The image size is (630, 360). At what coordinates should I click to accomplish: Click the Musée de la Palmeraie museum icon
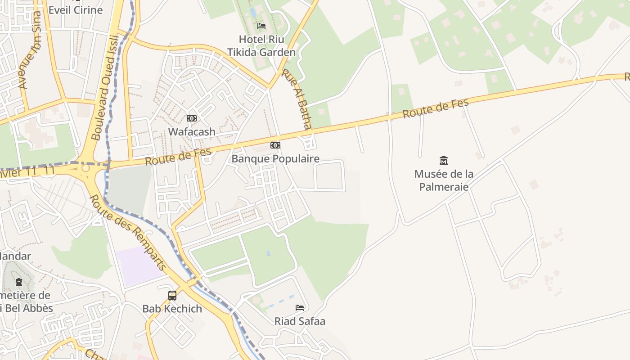444,160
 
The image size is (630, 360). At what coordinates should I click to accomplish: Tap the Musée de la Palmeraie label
444,180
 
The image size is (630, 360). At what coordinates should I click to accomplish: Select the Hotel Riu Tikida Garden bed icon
261,26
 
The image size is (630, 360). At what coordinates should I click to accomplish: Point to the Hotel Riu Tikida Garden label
261,45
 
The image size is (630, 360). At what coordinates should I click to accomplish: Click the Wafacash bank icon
192,118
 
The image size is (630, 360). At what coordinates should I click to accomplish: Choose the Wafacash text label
192,132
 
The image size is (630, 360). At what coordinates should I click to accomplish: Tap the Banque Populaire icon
275,145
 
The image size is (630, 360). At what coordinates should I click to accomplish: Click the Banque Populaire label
275,158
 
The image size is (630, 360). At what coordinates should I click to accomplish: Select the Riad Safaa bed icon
300,308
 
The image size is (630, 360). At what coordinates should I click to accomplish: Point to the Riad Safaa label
300,321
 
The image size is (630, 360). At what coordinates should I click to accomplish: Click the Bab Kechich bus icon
172,296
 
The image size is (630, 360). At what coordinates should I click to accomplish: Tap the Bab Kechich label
172,309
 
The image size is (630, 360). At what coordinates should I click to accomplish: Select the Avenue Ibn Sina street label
30,49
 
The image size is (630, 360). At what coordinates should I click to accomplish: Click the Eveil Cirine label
76,10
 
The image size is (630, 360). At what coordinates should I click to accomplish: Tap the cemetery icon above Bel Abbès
19,282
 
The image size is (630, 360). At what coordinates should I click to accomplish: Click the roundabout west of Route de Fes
85,168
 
